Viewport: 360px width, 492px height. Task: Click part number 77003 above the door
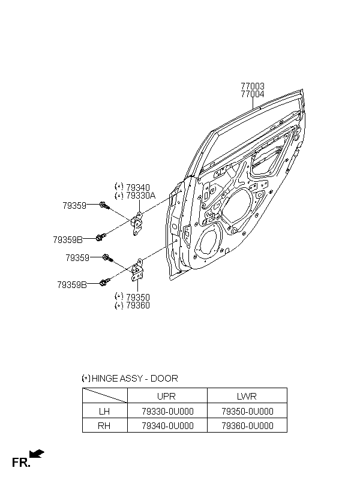[x=253, y=86]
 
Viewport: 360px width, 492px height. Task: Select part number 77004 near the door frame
[x=253, y=94]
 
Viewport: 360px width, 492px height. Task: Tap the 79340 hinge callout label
[x=138, y=188]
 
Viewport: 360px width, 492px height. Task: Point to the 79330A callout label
[x=140, y=196]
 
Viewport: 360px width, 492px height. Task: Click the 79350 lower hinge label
[x=138, y=297]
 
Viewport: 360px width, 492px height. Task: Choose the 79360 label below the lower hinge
[x=138, y=305]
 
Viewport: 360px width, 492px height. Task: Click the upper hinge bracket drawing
[x=137, y=223]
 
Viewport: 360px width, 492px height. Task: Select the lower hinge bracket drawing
[x=137, y=271]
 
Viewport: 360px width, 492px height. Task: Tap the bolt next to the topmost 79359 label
[x=104, y=206]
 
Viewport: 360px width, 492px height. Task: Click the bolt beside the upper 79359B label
[x=100, y=238]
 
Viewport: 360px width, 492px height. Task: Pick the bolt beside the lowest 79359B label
[x=104, y=282]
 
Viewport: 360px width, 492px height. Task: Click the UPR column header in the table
[x=166, y=396]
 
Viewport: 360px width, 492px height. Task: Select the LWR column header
[x=247, y=396]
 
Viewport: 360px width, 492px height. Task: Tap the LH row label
[x=104, y=411]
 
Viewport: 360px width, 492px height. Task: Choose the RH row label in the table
[x=104, y=425]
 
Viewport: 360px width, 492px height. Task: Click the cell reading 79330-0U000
[x=167, y=411]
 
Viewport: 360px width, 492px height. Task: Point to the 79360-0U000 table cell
[x=247, y=425]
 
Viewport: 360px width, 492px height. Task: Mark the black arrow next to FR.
[x=37, y=454]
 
